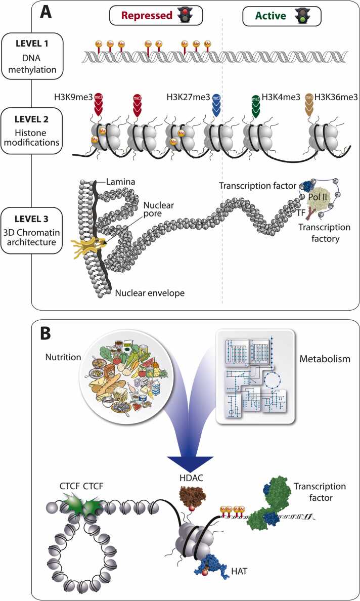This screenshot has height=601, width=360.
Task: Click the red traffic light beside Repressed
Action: (186, 16)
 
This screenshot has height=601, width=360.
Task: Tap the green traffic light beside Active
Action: (301, 16)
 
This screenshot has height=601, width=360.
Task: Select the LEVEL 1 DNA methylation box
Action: (32, 56)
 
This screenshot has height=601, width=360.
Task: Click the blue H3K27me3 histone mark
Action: (216, 104)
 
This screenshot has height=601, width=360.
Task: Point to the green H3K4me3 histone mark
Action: (255, 104)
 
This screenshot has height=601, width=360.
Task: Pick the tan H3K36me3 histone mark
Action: (309, 104)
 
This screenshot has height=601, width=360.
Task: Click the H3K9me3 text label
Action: (73, 97)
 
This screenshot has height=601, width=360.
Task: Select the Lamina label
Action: (121, 182)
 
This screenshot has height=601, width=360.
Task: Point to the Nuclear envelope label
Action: (150, 293)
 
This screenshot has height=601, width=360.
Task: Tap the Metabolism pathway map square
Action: (255, 377)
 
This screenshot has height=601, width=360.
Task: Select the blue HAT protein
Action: (207, 564)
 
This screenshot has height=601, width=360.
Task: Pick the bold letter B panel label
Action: (46, 333)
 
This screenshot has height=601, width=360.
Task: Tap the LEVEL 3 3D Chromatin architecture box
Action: (32, 231)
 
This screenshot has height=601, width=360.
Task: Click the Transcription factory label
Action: (319, 233)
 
